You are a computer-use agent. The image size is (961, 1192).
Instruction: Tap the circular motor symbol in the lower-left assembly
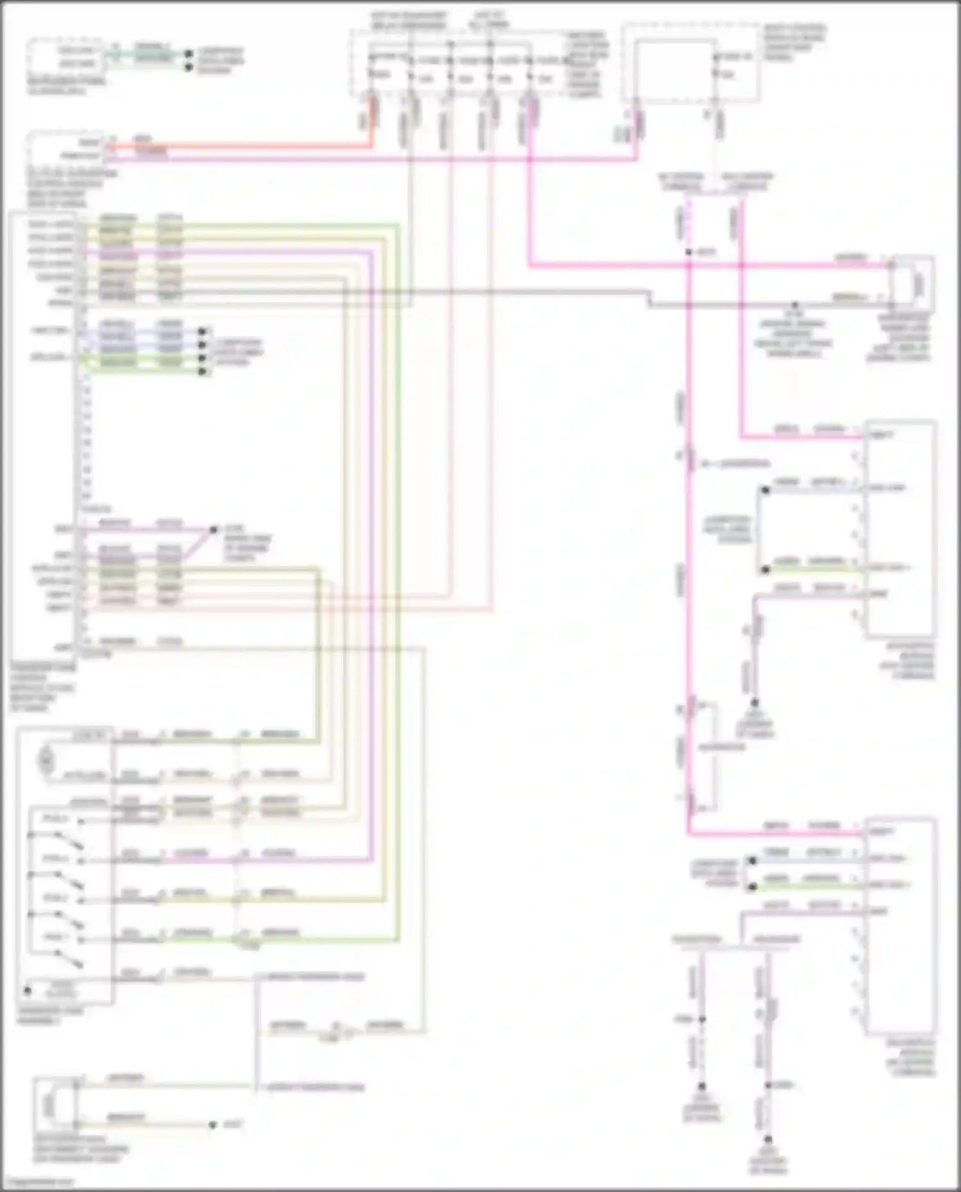point(46,761)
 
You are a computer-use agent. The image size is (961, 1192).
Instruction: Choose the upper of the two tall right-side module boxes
point(899,528)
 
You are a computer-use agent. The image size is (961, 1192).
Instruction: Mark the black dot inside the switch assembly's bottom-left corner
point(28,990)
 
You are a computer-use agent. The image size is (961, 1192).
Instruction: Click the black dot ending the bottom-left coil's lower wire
point(213,1125)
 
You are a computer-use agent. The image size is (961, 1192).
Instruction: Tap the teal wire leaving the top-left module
point(147,55)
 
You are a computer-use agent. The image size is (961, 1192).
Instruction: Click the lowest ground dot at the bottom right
point(768,1139)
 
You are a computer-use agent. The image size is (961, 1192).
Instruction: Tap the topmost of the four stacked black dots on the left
point(202,331)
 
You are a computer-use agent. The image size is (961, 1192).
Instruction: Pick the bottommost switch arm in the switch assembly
point(69,959)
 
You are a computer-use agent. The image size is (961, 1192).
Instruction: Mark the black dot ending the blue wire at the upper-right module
point(765,491)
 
